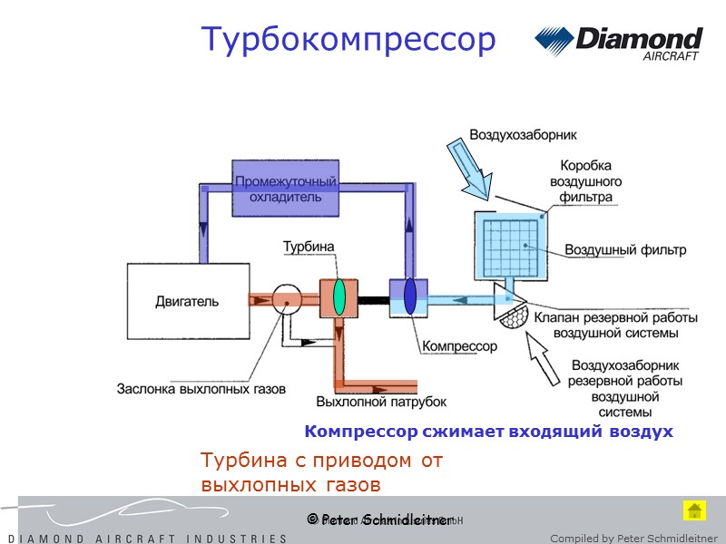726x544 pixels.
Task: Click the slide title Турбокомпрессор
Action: (348, 40)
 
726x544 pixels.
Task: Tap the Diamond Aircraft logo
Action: (618, 43)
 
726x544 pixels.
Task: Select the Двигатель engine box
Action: (186, 301)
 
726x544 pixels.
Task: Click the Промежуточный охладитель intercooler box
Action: (286, 189)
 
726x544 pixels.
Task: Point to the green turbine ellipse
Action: (338, 296)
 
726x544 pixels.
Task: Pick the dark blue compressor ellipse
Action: (410, 296)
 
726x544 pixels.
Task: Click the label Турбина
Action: (309, 247)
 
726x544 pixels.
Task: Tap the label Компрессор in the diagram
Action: (459, 346)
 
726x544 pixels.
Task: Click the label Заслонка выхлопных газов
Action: (201, 388)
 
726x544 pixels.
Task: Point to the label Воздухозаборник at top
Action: (523, 135)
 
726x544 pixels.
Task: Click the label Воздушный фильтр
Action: (625, 249)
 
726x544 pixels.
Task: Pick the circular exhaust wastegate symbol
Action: (287, 298)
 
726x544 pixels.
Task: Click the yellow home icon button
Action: (694, 510)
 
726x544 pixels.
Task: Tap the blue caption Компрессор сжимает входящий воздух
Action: (489, 432)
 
